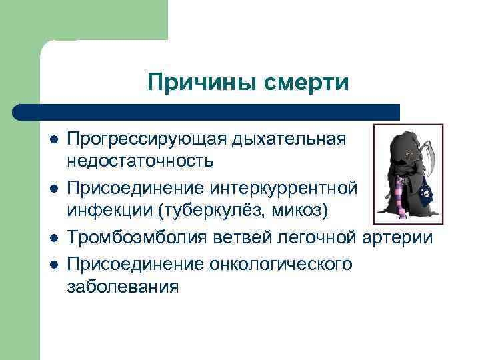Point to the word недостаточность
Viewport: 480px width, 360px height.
point(140,161)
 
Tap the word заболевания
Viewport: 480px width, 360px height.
point(123,287)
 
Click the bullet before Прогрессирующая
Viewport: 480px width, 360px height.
point(52,140)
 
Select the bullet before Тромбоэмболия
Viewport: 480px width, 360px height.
point(52,239)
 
